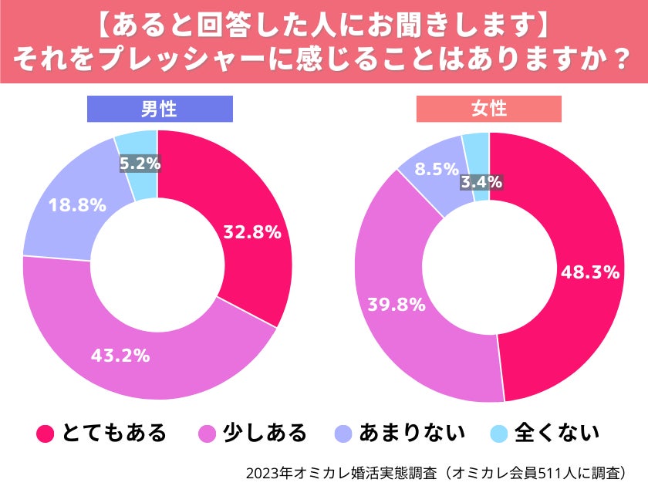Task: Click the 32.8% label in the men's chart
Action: (251, 231)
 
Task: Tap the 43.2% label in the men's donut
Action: (120, 356)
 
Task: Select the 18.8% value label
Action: (77, 205)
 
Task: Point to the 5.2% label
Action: (140, 163)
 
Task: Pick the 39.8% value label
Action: (397, 304)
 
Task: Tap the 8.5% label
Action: (437, 169)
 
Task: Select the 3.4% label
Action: (481, 182)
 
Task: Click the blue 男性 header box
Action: (159, 109)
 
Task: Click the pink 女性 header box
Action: (489, 109)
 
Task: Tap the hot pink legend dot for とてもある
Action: (46, 434)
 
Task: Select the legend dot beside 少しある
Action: (208, 434)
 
